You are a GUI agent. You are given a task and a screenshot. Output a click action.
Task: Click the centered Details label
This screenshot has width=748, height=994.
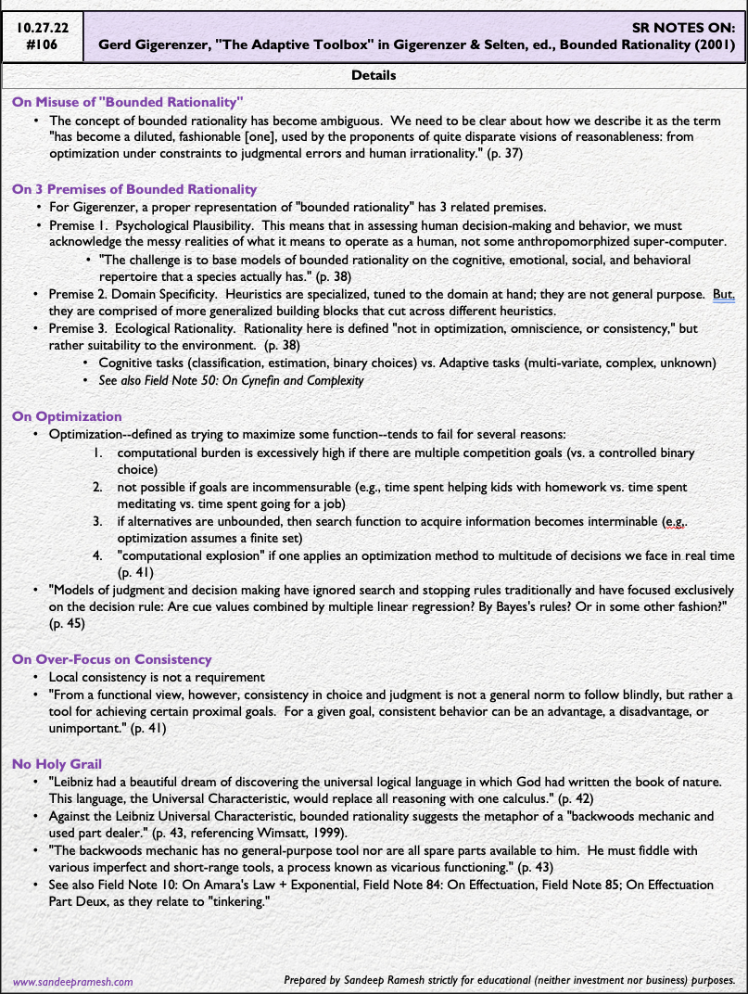pos(374,75)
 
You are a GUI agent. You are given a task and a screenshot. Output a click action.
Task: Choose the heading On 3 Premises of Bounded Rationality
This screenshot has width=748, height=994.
pos(134,189)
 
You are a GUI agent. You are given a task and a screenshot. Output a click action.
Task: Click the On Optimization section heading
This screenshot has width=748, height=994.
pos(67,416)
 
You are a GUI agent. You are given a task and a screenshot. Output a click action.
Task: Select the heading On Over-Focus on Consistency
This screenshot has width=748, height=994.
pos(112,659)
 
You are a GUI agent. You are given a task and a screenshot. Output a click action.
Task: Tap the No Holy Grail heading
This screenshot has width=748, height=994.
pos(57,764)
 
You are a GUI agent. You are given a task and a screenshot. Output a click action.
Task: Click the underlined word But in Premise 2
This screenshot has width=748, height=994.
pos(723,294)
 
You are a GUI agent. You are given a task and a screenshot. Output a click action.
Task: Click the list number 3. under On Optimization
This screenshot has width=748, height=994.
pos(99,522)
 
